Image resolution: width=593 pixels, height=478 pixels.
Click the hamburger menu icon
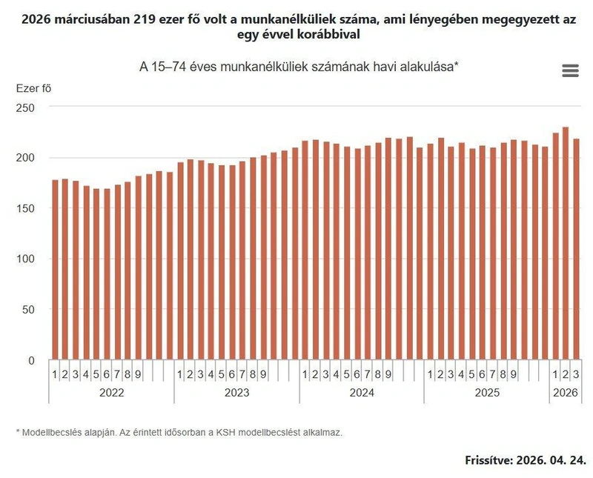point(570,70)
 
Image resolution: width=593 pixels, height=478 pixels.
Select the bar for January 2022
point(55,270)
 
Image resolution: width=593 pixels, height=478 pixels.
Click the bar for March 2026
point(577,249)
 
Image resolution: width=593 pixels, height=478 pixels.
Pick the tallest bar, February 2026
point(566,243)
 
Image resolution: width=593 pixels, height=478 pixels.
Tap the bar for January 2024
point(305,250)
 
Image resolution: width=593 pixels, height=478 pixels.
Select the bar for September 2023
point(264,258)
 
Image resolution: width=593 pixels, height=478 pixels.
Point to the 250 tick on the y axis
point(25,107)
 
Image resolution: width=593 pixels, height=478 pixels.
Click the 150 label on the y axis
point(25,208)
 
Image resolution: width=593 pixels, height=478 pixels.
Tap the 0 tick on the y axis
point(31,360)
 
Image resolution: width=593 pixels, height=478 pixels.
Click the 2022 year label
point(112,393)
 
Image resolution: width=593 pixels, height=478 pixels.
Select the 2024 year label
point(362,393)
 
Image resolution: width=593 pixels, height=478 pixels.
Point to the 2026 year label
point(566,393)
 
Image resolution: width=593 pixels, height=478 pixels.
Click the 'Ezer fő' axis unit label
point(33,88)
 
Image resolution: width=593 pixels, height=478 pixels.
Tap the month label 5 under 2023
point(222,374)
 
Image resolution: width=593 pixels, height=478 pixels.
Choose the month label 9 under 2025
point(514,374)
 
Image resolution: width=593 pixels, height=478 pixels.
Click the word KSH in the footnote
point(225,432)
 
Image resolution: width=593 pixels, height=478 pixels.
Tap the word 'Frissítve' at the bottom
point(489,460)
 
